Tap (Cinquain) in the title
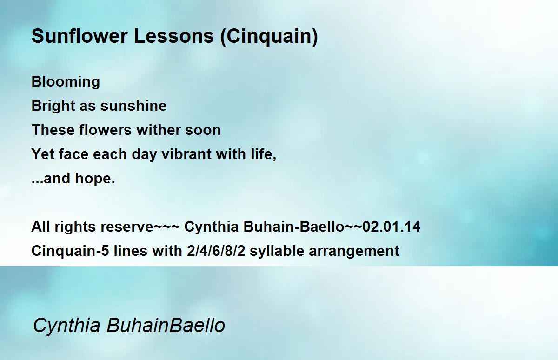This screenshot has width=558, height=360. tap(269, 37)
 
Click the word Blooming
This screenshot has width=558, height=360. tap(66, 82)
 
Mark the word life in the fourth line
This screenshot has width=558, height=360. tap(264, 154)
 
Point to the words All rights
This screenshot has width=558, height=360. tap(65, 227)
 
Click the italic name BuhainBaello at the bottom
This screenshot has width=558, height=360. tap(166, 325)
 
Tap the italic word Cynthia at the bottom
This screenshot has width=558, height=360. tap(66, 325)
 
